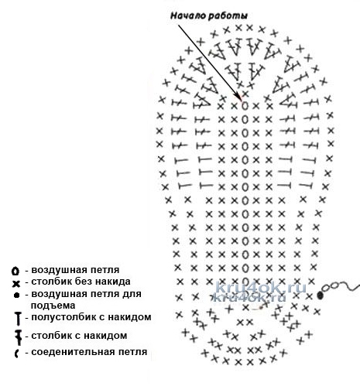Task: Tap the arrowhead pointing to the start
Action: (239, 97)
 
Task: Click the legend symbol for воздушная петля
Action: (15, 271)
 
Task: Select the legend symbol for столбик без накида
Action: (16, 284)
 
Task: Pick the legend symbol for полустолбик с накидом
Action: (18, 319)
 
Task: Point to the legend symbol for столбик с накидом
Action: (18, 337)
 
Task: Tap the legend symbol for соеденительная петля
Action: (16, 354)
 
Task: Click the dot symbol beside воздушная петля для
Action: (17, 295)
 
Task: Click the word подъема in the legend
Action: (53, 306)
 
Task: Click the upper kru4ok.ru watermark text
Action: (261, 287)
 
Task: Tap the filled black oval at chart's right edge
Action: (320, 295)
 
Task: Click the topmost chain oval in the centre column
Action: (245, 106)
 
